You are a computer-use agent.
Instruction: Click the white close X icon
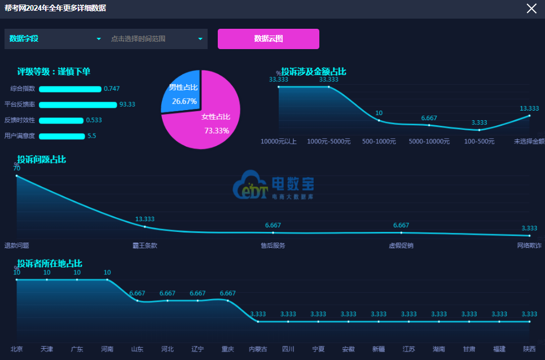pyautogui.click(x=531, y=8)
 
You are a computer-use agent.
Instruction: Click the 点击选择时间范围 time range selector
pyautogui.click(x=156, y=39)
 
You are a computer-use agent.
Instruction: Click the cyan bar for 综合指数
pyautogui.click(x=70, y=89)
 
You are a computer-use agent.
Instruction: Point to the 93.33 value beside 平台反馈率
pyautogui.click(x=127, y=104)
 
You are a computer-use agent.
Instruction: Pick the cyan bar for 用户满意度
pyautogui.click(x=61, y=136)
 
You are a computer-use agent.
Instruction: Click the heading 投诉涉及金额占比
pyautogui.click(x=313, y=72)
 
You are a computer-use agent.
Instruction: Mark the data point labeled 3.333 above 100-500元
pyautogui.click(x=479, y=130)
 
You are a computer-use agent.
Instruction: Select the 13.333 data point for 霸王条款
pyautogui.click(x=145, y=227)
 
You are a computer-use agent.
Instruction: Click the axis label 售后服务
pyautogui.click(x=272, y=245)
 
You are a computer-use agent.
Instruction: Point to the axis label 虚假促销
pyautogui.click(x=401, y=245)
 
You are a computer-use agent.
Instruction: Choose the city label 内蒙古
pyautogui.click(x=258, y=349)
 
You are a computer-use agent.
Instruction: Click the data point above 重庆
pyautogui.click(x=228, y=300)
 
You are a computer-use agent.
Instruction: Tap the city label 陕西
pyautogui.click(x=529, y=349)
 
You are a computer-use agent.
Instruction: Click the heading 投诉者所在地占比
pyautogui.click(x=50, y=264)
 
